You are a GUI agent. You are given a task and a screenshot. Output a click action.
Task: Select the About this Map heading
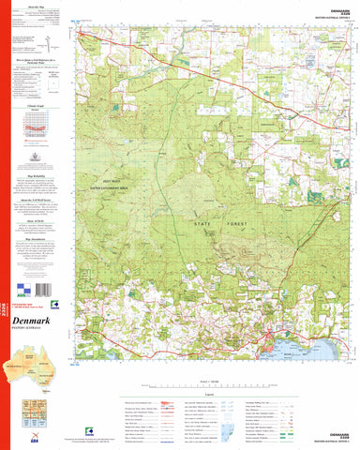[40, 7]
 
